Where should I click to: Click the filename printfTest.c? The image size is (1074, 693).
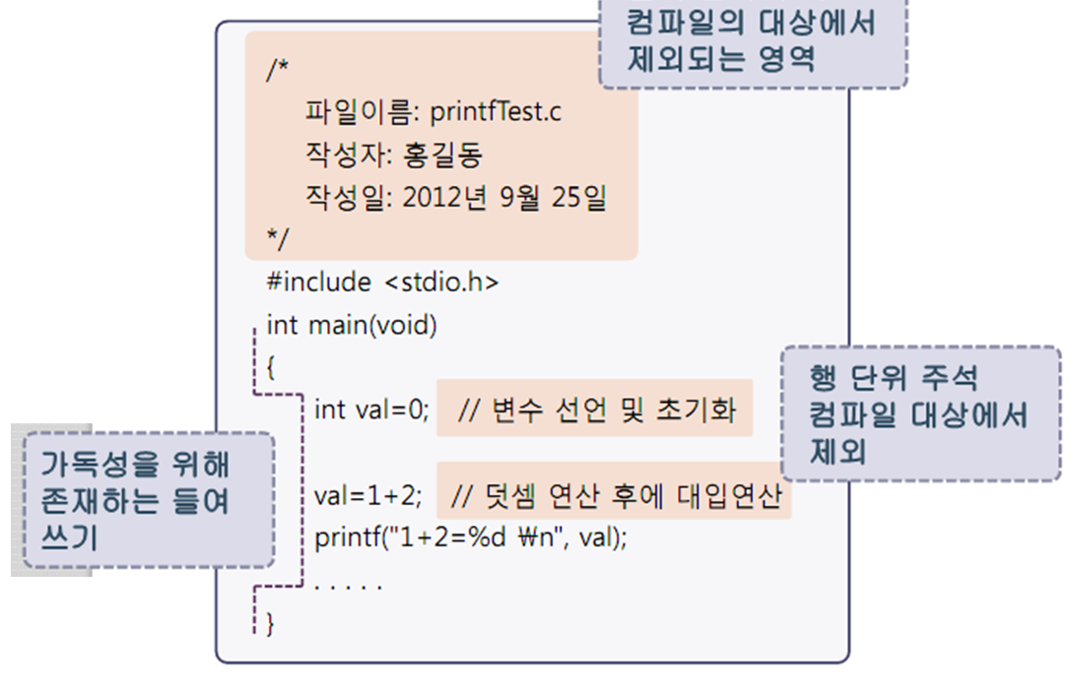496,112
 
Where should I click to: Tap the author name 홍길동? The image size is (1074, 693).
443,156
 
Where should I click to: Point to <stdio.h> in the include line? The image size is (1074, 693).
442,283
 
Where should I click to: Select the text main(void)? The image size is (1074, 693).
372,325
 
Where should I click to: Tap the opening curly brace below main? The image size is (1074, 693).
271,368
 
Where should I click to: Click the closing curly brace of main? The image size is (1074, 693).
271,624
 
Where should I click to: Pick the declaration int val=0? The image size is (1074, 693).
371,409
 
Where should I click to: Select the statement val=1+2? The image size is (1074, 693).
371,495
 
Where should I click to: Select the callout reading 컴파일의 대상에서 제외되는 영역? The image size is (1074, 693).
752,41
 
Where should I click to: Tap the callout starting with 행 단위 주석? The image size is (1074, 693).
919,413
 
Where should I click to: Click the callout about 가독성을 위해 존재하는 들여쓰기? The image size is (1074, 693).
148,500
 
